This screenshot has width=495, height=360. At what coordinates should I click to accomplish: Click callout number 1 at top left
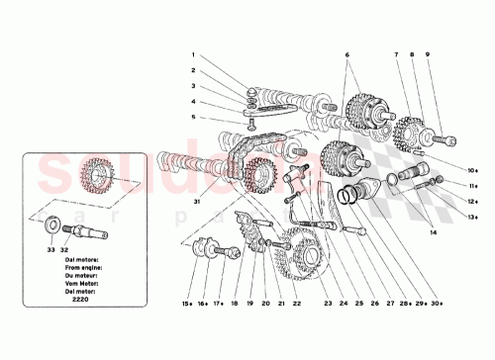point(195,55)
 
